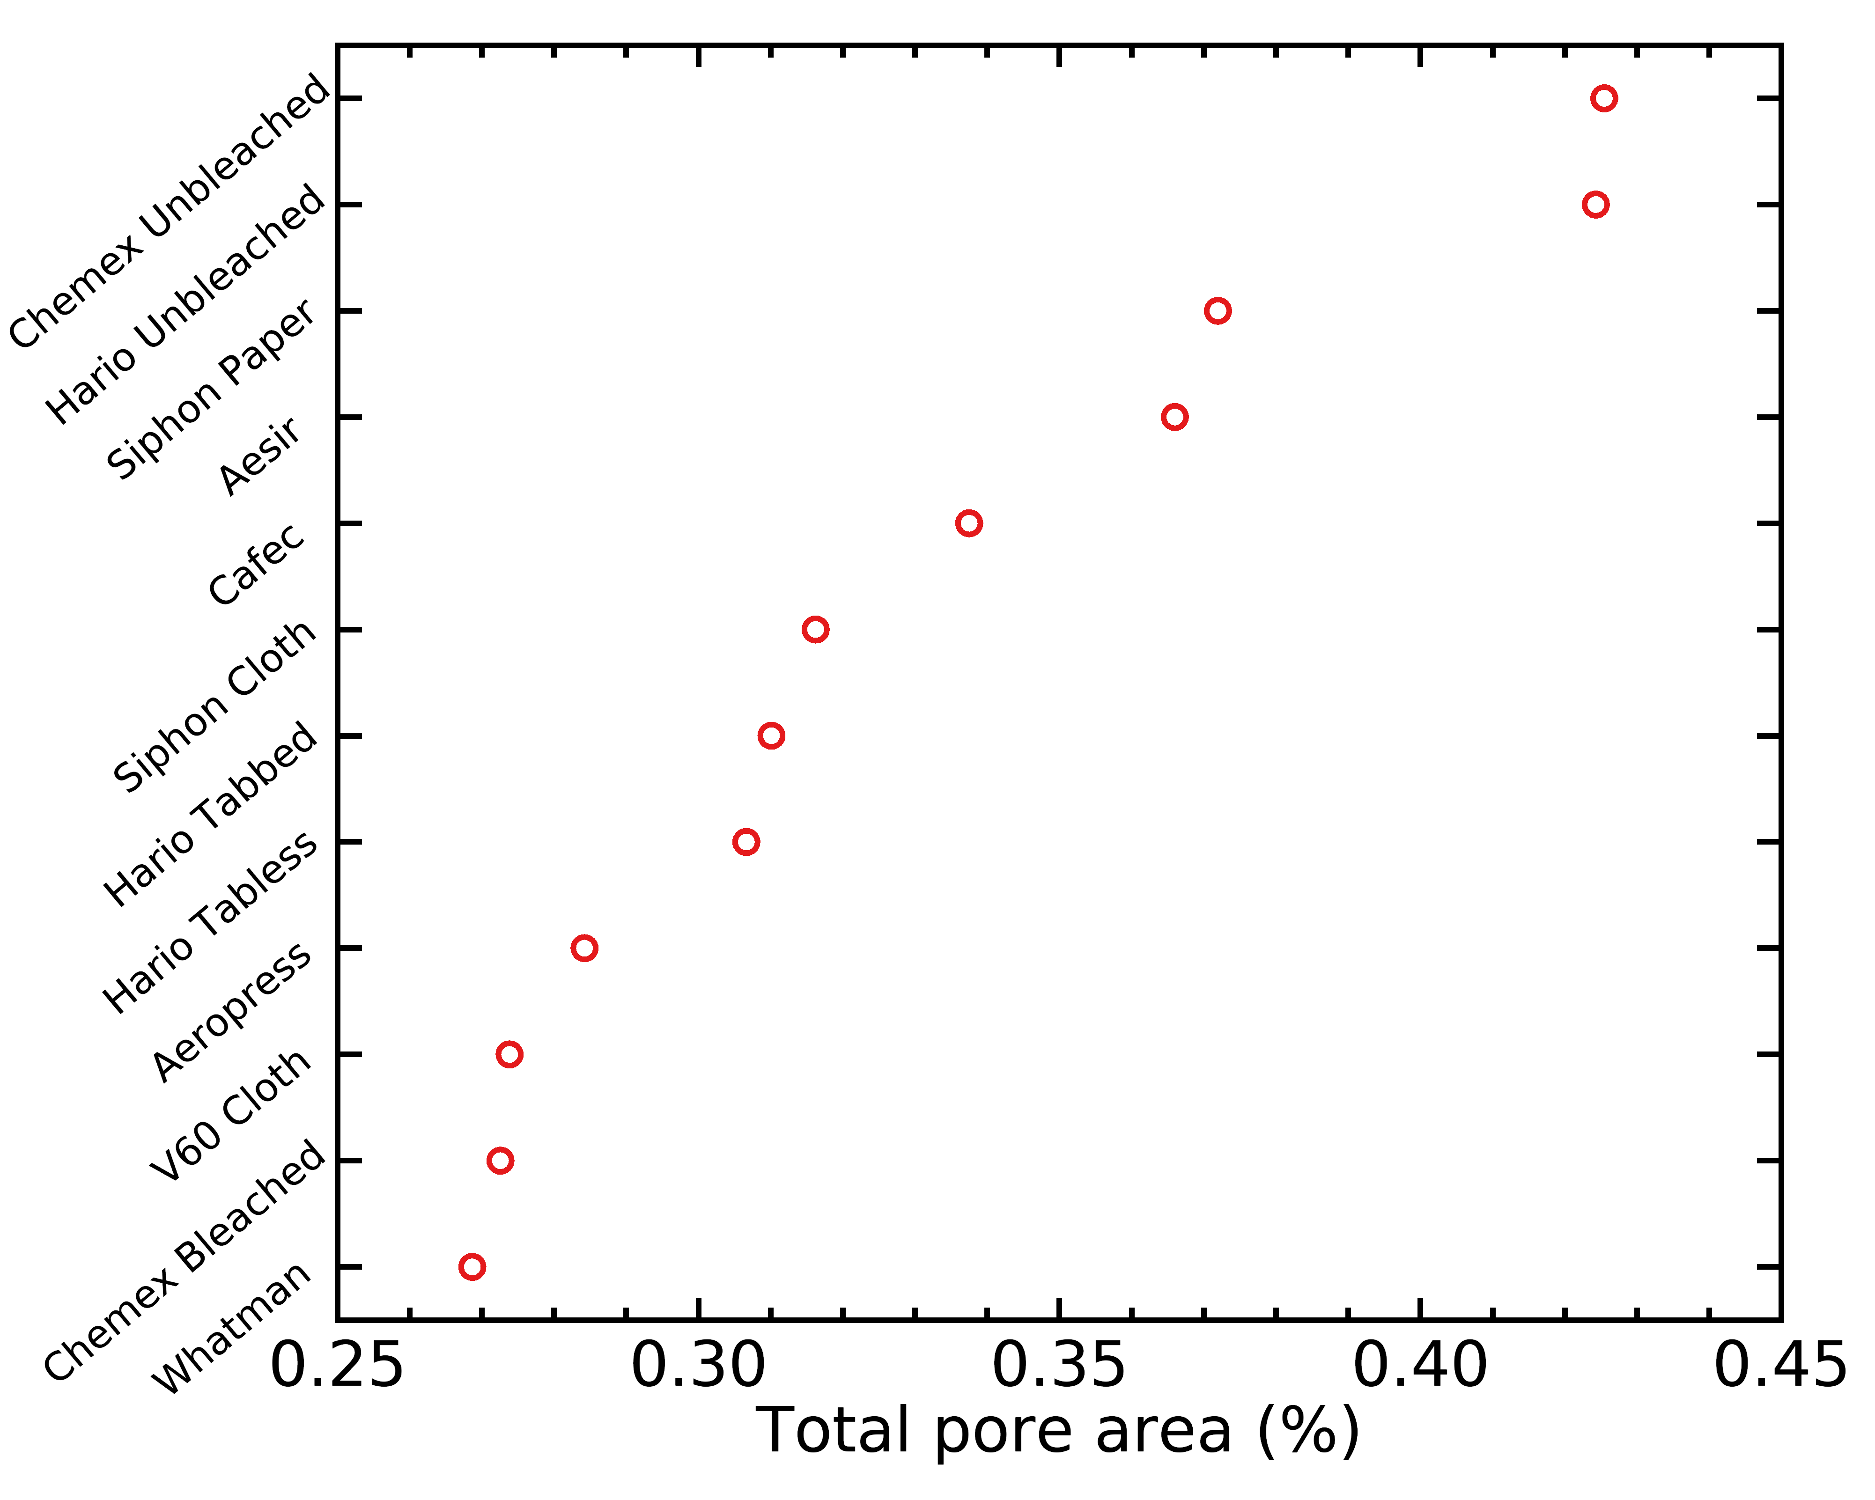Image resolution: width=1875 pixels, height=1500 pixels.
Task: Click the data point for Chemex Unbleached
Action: pos(1604,98)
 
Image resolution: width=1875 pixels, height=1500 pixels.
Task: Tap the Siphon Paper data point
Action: pos(1218,310)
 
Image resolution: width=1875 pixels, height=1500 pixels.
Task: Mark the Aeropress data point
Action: pos(584,948)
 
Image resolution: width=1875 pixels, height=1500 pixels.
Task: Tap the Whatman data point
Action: pos(472,1266)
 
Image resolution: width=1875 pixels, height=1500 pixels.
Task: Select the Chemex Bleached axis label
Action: pos(185,1261)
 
